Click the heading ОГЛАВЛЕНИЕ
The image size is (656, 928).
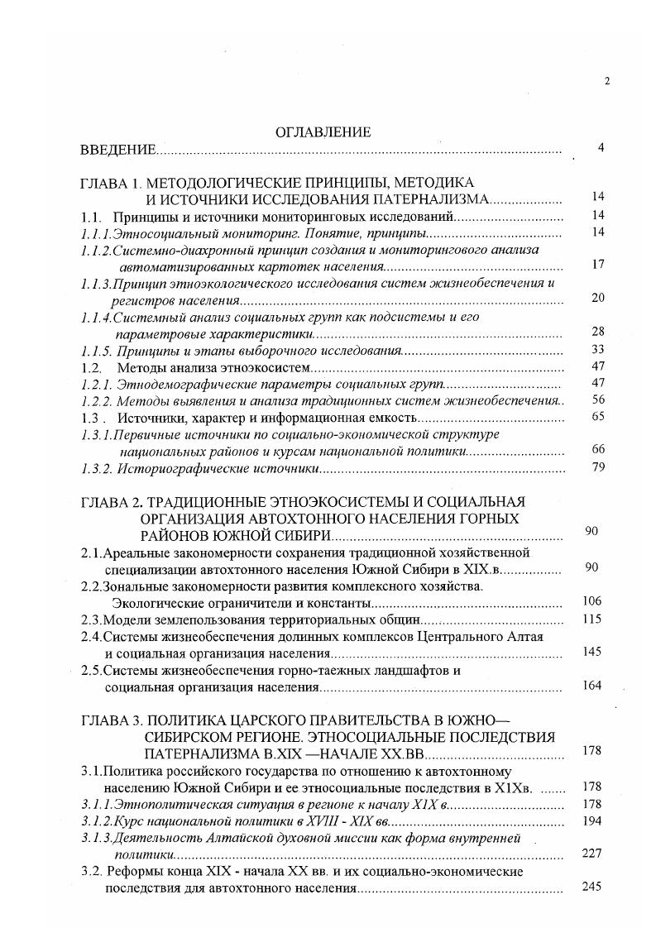tap(323, 132)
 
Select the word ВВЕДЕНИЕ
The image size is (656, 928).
tap(117, 150)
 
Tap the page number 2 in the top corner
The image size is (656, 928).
tap(607, 81)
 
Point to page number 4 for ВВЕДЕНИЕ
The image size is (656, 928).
tap(601, 148)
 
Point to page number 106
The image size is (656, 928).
tap(591, 601)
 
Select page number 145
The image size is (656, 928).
tap(591, 652)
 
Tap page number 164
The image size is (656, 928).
tap(591, 686)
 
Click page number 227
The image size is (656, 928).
tap(591, 854)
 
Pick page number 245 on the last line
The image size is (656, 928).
tap(591, 887)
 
